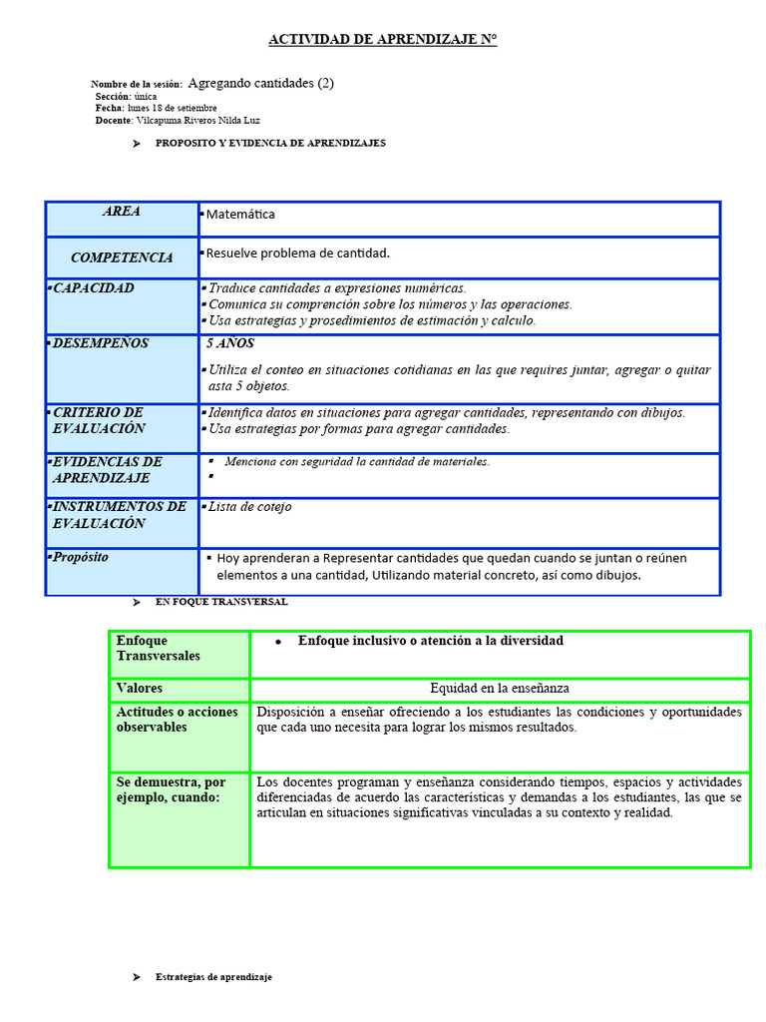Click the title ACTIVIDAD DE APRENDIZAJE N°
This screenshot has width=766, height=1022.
(382, 40)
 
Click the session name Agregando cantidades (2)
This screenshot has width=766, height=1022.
(260, 84)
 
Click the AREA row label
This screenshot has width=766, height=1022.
(122, 212)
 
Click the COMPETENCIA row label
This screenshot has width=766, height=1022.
(122, 257)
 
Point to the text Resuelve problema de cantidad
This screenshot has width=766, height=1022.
(297, 254)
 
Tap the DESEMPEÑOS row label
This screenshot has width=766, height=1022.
(100, 343)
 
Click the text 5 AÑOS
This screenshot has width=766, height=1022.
(230, 343)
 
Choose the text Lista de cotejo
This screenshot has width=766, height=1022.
(249, 507)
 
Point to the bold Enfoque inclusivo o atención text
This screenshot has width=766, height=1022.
(430, 641)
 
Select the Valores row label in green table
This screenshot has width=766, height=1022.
(140, 689)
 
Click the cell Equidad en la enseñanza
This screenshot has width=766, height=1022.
(499, 689)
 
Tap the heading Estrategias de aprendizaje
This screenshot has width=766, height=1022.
(213, 977)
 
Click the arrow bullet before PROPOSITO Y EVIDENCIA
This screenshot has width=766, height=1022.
(137, 144)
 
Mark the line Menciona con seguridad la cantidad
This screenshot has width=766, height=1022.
(357, 462)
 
